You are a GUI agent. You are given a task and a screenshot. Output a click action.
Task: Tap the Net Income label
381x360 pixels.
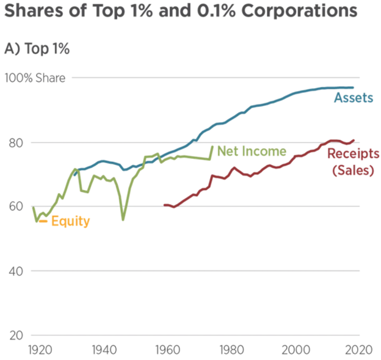[252, 151]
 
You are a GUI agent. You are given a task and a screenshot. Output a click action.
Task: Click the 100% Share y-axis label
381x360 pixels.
[35, 78]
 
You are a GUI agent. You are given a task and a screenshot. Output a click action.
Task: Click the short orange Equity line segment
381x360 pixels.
[43, 221]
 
